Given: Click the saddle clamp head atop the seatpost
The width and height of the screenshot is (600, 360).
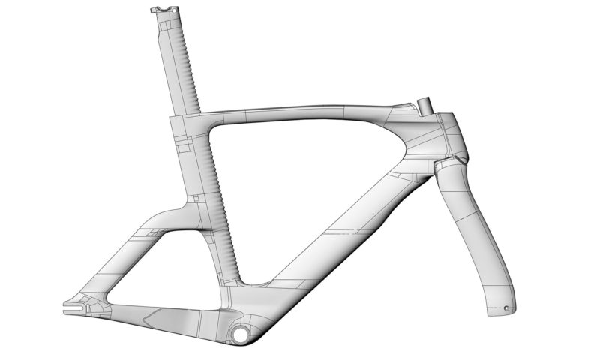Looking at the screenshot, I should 160,10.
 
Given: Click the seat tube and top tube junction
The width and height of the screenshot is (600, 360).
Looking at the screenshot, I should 191,124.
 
